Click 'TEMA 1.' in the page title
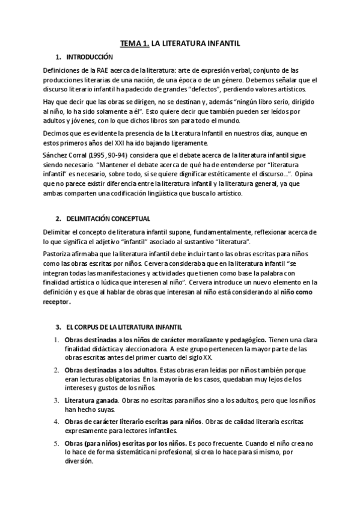[x=135, y=43]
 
